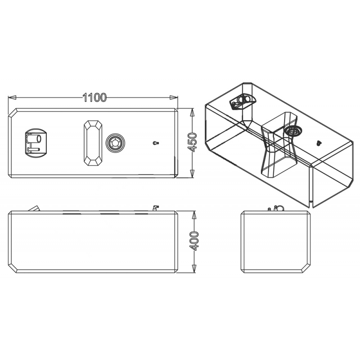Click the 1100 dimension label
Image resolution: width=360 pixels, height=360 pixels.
(x=94, y=98)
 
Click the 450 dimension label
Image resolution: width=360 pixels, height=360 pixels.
(x=193, y=142)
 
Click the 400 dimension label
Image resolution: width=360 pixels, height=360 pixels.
(x=194, y=241)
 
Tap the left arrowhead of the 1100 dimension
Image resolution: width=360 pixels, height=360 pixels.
(x=13, y=98)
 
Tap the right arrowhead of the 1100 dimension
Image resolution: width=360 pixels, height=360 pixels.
(x=174, y=98)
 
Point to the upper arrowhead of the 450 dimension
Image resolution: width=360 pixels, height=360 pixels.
(x=193, y=112)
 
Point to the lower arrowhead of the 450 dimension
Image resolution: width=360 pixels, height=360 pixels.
(x=193, y=173)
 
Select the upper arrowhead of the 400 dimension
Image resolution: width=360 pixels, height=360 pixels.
(x=194, y=216)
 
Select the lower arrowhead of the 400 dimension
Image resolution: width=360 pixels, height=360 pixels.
(x=194, y=268)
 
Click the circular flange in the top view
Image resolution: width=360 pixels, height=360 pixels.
(x=115, y=143)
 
